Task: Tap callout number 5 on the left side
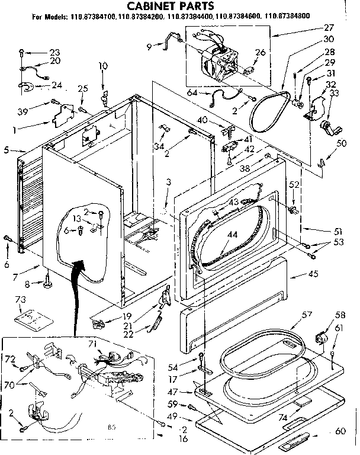6,150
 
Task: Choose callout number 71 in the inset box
92,344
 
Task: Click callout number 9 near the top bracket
150,44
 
